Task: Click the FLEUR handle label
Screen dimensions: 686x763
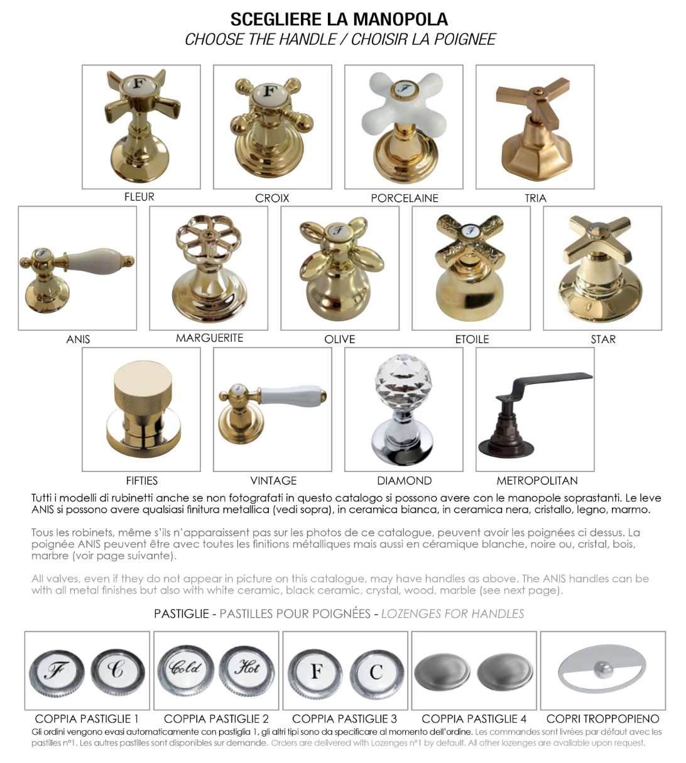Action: (x=139, y=197)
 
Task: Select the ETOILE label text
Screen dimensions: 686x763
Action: (x=472, y=339)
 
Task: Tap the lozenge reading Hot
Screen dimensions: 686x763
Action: (x=246, y=679)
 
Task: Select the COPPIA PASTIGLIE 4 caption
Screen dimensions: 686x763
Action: (x=474, y=718)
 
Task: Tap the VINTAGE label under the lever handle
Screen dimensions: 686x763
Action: (x=273, y=480)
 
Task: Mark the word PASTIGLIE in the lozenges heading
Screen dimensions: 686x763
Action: (x=182, y=613)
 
